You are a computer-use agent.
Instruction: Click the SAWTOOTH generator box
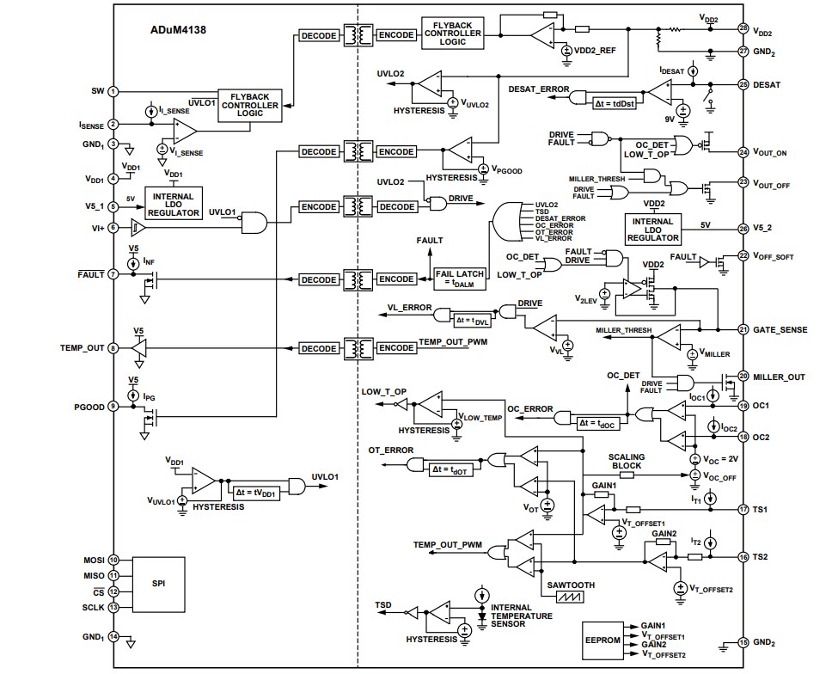click(x=570, y=591)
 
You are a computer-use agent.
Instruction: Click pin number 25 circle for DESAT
click(x=743, y=84)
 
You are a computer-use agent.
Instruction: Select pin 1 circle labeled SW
click(x=113, y=91)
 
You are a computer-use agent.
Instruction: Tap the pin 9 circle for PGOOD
click(x=113, y=406)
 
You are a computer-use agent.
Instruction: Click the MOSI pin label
click(x=93, y=560)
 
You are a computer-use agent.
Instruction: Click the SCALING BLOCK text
click(x=626, y=462)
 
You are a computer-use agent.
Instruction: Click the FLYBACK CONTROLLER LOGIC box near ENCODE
click(x=452, y=33)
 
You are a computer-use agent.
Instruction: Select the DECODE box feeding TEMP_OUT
click(x=319, y=348)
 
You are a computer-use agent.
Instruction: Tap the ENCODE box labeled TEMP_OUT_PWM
click(x=396, y=348)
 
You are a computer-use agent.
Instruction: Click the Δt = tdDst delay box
click(x=615, y=101)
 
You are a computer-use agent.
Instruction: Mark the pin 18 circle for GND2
click(x=743, y=643)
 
